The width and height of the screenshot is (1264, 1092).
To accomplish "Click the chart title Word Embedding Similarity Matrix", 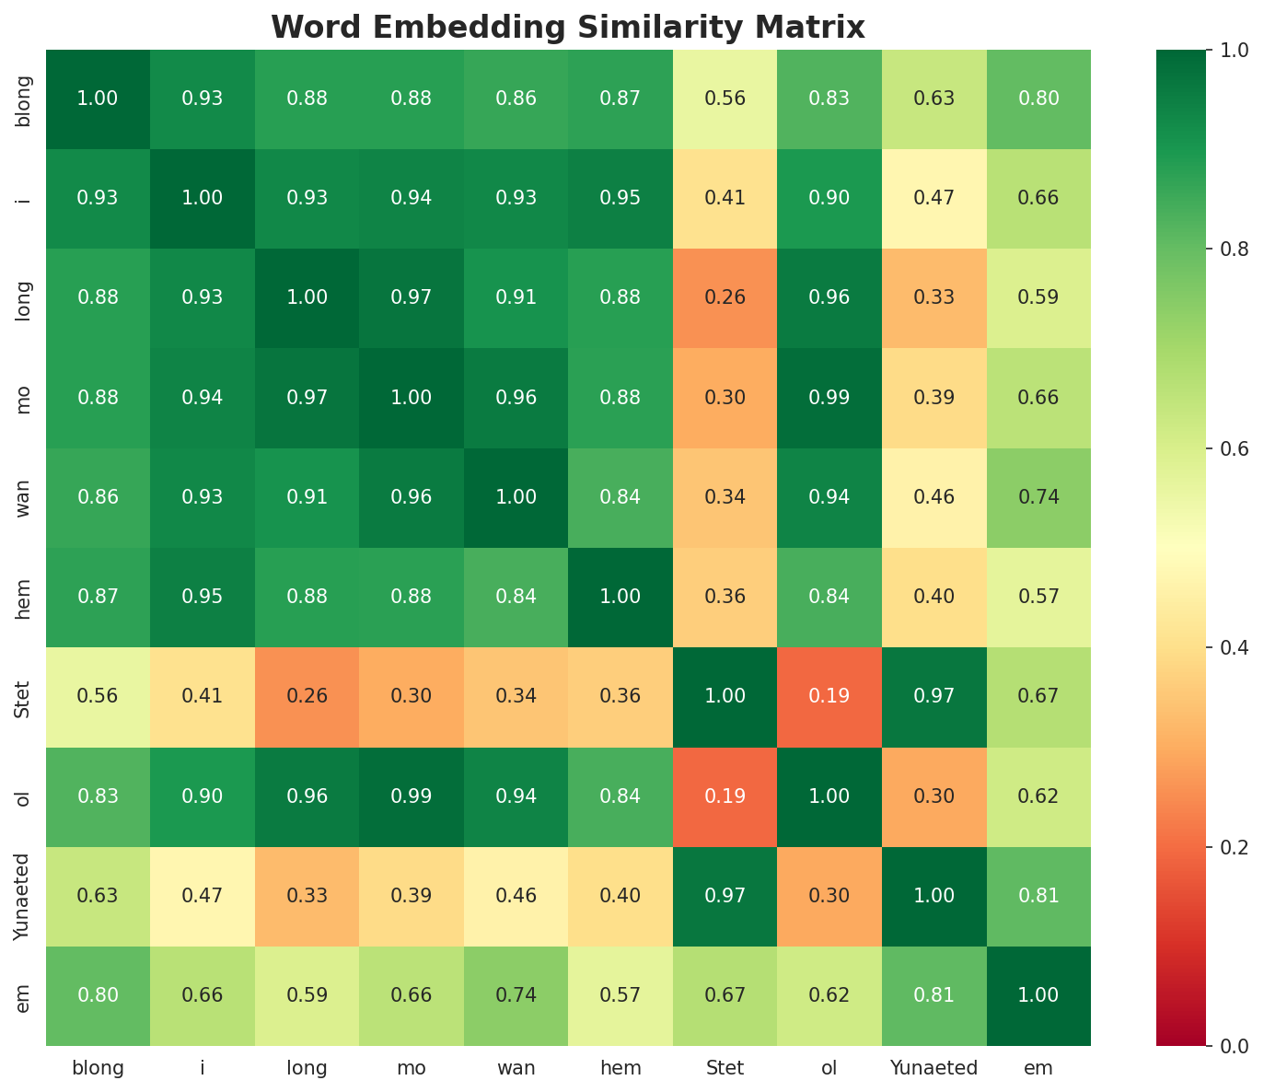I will [x=568, y=28].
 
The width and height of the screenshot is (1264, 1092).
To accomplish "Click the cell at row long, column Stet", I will [x=725, y=297].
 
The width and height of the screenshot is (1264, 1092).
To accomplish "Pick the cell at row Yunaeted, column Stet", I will [x=725, y=896].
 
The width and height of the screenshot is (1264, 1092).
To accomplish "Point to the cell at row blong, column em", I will [x=1038, y=99].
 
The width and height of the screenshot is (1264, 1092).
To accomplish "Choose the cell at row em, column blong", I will [x=98, y=995].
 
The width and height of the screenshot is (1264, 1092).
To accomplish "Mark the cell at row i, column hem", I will [x=620, y=198].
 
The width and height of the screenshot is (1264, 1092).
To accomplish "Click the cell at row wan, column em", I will [x=1038, y=497].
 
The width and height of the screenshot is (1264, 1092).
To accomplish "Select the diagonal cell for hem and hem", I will [x=620, y=597].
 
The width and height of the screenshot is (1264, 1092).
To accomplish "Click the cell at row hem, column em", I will [x=1038, y=597].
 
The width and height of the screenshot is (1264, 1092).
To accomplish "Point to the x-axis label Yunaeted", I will [x=934, y=1068].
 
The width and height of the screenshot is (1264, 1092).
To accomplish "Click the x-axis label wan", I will [x=516, y=1068].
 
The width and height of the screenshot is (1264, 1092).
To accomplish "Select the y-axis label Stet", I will [x=23, y=696].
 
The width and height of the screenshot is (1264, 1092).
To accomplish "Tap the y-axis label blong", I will [x=23, y=99].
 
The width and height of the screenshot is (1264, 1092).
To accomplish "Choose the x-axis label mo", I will [x=412, y=1068].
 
